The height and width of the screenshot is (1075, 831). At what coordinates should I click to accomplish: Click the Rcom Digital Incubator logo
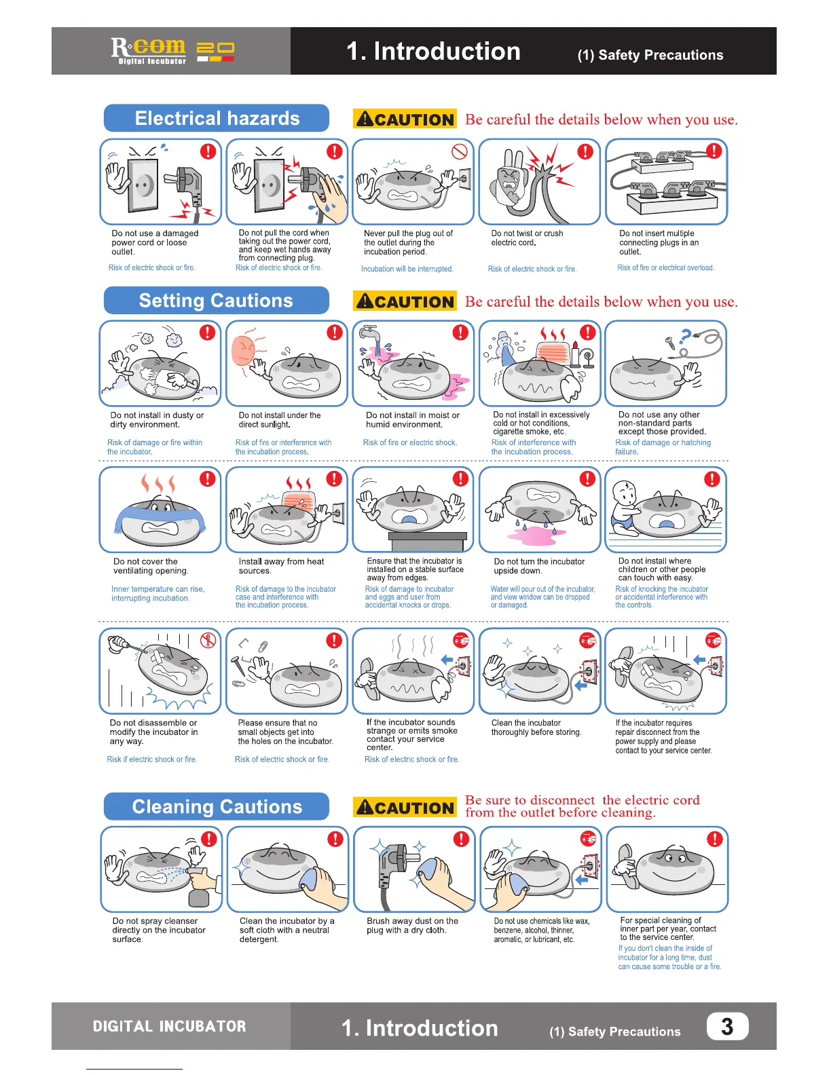172,51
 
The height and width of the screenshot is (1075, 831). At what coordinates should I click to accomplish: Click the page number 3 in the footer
727,1026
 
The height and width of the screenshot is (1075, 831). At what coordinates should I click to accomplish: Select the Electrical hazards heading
217,118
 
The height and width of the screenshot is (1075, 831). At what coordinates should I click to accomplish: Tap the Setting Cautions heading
216,301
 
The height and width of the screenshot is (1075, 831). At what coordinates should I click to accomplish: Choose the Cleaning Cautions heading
217,806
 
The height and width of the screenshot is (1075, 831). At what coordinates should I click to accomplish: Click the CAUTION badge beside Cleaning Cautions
405,808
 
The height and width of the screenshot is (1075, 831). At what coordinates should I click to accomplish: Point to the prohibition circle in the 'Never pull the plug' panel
460,151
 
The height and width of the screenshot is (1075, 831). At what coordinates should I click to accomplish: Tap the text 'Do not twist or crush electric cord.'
528,238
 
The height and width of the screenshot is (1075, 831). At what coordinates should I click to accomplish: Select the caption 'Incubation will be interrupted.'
407,269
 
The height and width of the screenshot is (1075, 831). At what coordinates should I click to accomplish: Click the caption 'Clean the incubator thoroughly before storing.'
536,728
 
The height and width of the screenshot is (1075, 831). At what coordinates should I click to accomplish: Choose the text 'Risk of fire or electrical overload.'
665,267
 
